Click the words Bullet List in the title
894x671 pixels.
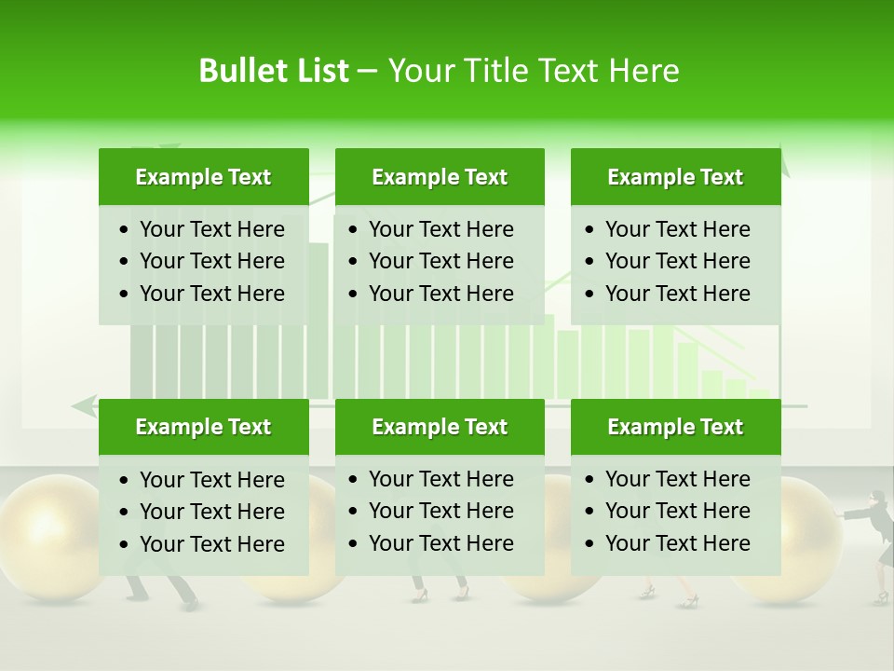[x=274, y=71]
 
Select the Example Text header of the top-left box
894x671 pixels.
[x=203, y=177]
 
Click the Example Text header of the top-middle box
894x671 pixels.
[x=440, y=177]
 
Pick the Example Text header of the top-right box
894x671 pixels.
[x=675, y=177]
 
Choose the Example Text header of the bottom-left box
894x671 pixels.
[x=203, y=427]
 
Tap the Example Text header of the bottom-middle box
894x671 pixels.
[x=440, y=427]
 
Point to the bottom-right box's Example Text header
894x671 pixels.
[x=675, y=427]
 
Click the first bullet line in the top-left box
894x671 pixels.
[x=211, y=229]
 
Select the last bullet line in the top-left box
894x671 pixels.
[x=211, y=294]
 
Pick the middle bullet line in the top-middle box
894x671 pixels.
[x=440, y=261]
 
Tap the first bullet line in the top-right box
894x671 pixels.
[x=677, y=229]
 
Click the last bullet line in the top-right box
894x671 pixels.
[x=677, y=294]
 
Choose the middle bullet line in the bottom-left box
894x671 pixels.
[x=211, y=512]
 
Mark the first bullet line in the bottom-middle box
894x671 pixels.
[x=440, y=479]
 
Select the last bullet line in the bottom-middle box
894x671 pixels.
[x=440, y=543]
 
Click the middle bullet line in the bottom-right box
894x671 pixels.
[x=677, y=511]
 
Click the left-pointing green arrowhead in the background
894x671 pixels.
[x=84, y=406]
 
